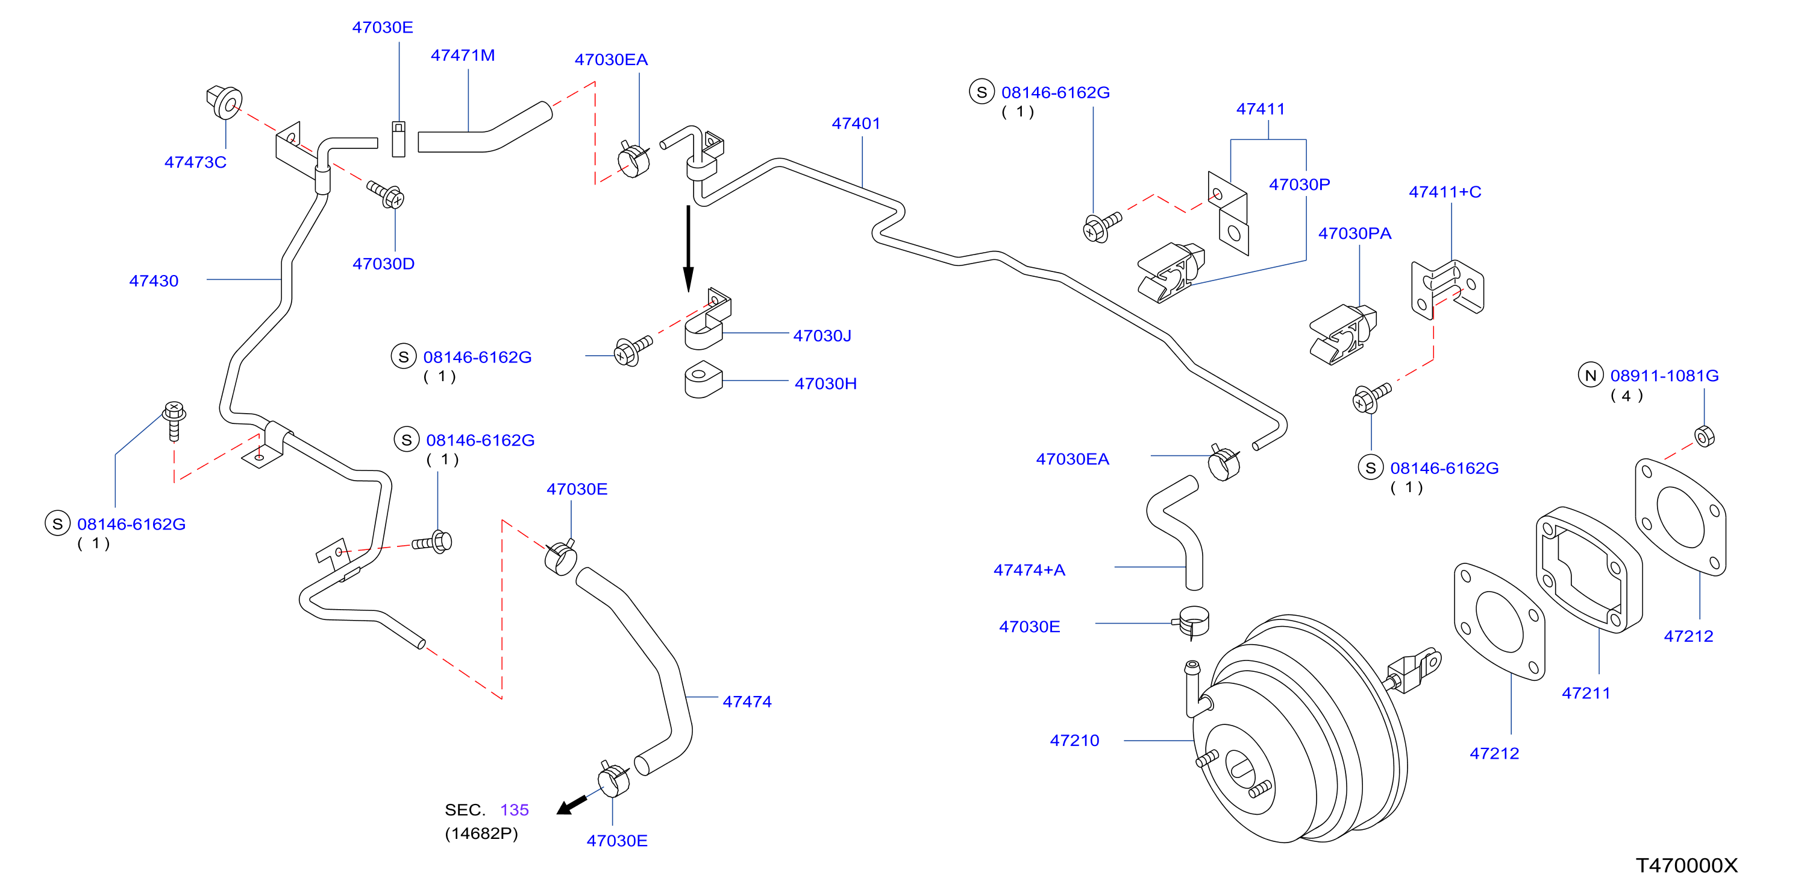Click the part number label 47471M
(x=462, y=55)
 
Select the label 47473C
(x=195, y=162)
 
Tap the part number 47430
(x=154, y=281)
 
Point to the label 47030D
(x=383, y=264)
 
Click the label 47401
(x=856, y=124)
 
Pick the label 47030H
(x=825, y=384)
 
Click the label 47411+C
(x=1445, y=192)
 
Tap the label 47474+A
(x=1029, y=570)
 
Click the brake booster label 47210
(x=1075, y=741)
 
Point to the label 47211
(x=1586, y=693)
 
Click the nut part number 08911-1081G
(x=1665, y=376)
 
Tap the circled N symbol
(x=1591, y=376)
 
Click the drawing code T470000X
(x=1687, y=865)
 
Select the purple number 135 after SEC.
(x=514, y=810)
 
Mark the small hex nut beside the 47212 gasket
(x=1704, y=437)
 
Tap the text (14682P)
(x=481, y=833)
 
